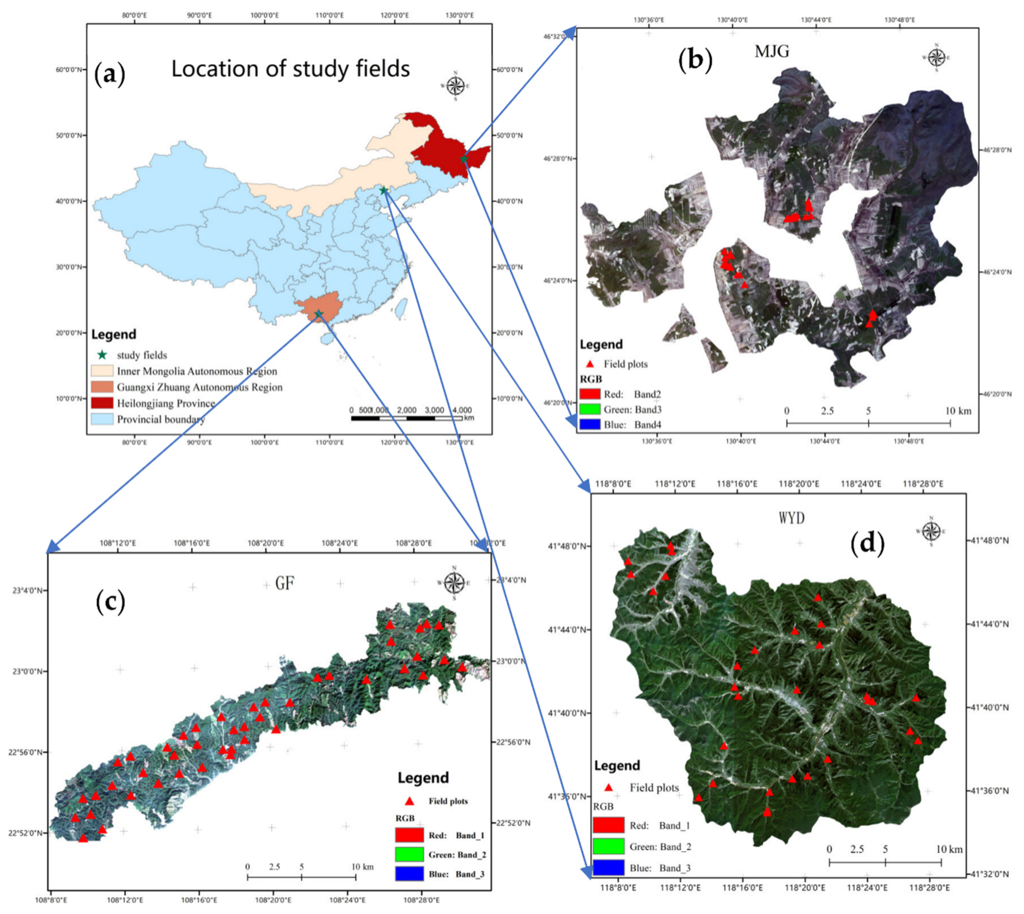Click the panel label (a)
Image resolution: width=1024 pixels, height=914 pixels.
pyautogui.click(x=109, y=74)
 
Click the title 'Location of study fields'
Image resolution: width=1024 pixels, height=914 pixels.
pyautogui.click(x=290, y=69)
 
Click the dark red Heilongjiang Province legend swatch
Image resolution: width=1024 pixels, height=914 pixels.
pyautogui.click(x=102, y=403)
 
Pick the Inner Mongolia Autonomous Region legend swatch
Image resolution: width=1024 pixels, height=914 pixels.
pyautogui.click(x=102, y=371)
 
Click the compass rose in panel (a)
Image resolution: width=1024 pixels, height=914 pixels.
pyautogui.click(x=455, y=86)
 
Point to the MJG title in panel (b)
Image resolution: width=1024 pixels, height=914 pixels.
pyautogui.click(x=772, y=51)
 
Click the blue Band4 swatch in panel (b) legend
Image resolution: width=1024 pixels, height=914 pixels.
pyautogui.click(x=590, y=424)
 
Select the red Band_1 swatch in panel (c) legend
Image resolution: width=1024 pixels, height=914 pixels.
pyautogui.click(x=409, y=835)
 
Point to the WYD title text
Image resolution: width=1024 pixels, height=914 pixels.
pyautogui.click(x=791, y=517)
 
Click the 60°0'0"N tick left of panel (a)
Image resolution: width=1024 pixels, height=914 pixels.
pyautogui.click(x=69, y=69)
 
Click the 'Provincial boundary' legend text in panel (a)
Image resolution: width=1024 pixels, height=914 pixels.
pyautogui.click(x=161, y=419)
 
